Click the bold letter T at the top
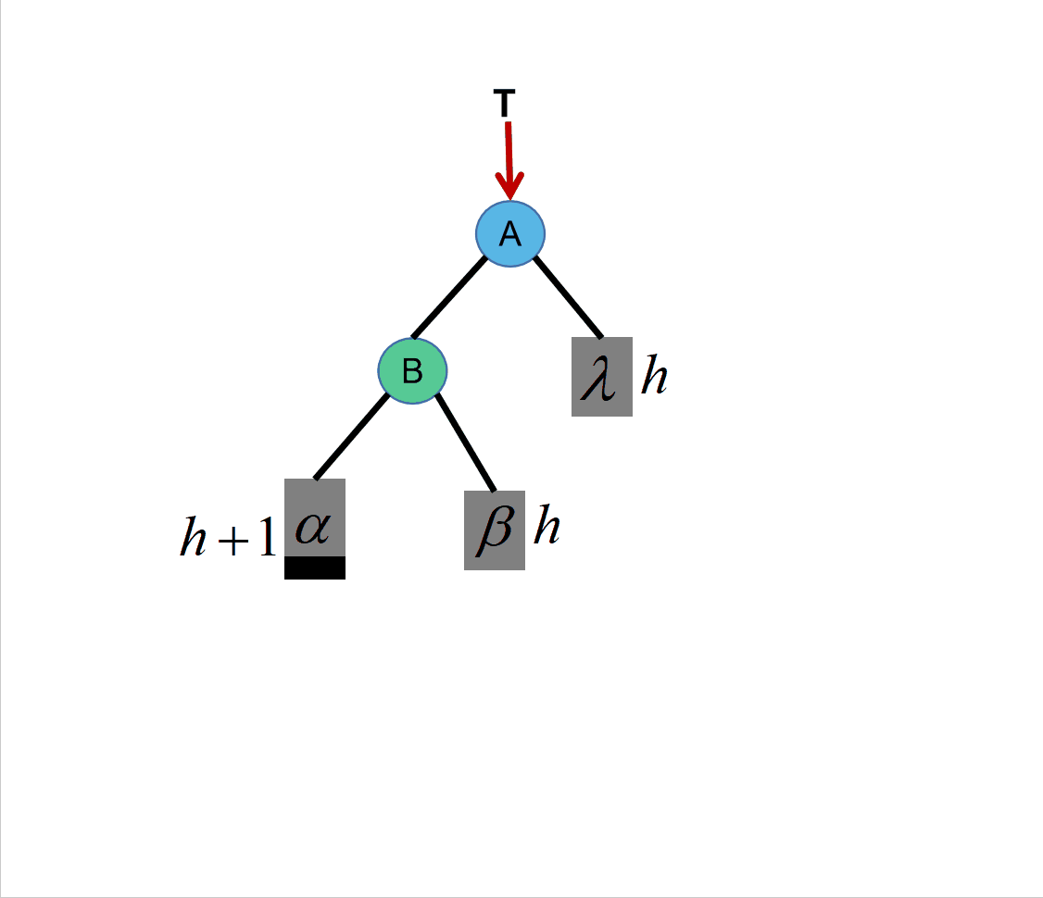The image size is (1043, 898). (x=505, y=105)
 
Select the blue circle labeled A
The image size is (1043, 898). (x=510, y=233)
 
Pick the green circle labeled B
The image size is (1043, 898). (x=412, y=370)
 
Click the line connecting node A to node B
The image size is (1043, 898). (x=449, y=297)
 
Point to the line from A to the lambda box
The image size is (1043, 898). (x=568, y=296)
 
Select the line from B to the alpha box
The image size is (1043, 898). (x=352, y=436)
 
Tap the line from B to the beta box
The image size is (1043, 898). (x=466, y=442)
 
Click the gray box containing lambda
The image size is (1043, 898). (x=602, y=377)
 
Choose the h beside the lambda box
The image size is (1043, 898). (x=654, y=376)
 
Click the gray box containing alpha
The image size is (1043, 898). (x=315, y=518)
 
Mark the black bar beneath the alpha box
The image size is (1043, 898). (x=315, y=567)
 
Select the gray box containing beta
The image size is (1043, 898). (x=495, y=530)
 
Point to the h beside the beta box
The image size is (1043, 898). (x=547, y=527)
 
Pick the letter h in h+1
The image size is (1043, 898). (x=193, y=538)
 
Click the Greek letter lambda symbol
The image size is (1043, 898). (x=599, y=380)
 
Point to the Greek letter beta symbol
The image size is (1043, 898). (x=494, y=531)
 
